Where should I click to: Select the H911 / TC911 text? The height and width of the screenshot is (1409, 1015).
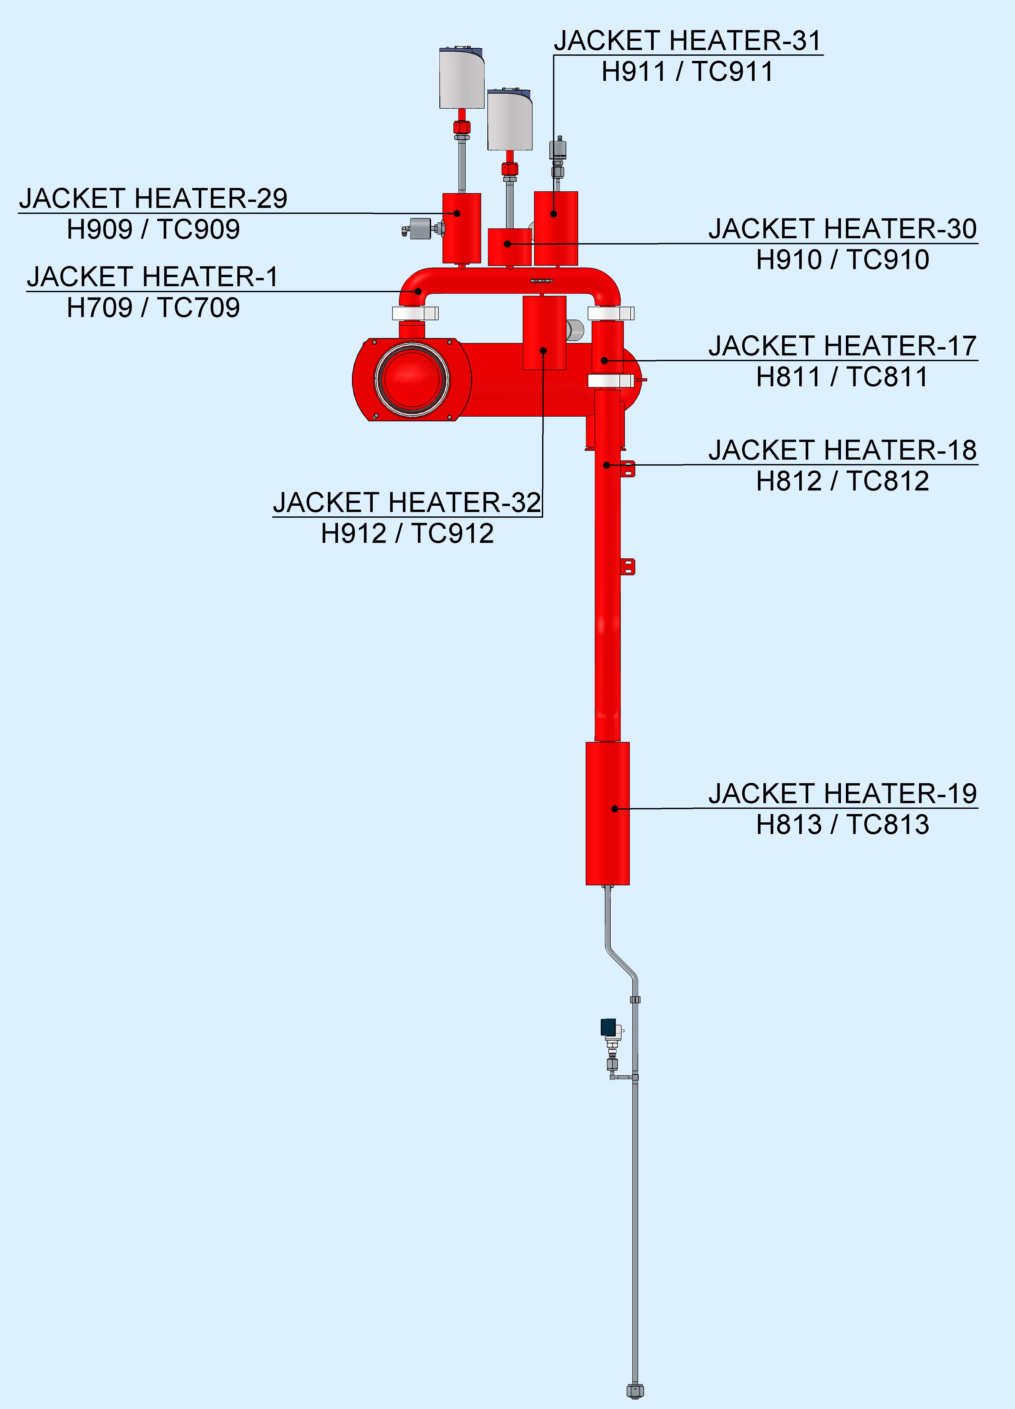(687, 72)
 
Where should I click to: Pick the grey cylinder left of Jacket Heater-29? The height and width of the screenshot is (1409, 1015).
(421, 229)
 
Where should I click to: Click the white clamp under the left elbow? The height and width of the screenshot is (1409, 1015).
(415, 313)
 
